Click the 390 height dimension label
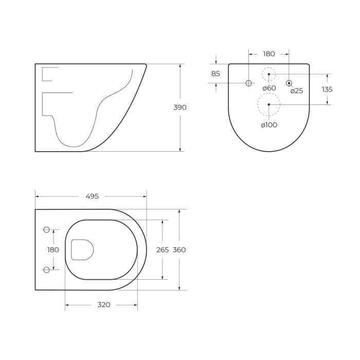(180, 107)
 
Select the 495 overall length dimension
(92, 196)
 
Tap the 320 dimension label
(104, 305)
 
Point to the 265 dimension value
(163, 250)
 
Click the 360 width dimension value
(179, 250)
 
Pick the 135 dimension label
(327, 89)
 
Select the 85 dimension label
(215, 74)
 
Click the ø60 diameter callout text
(269, 88)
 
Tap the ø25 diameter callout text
(297, 91)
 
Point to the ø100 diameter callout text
(269, 125)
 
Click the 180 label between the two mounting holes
(53, 250)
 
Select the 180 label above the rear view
(268, 54)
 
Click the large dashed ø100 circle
(268, 104)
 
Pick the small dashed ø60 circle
(268, 74)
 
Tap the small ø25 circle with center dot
(289, 83)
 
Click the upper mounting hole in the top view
(46, 229)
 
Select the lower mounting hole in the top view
(46, 269)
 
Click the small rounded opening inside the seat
(82, 249)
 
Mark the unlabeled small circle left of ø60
(249, 83)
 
